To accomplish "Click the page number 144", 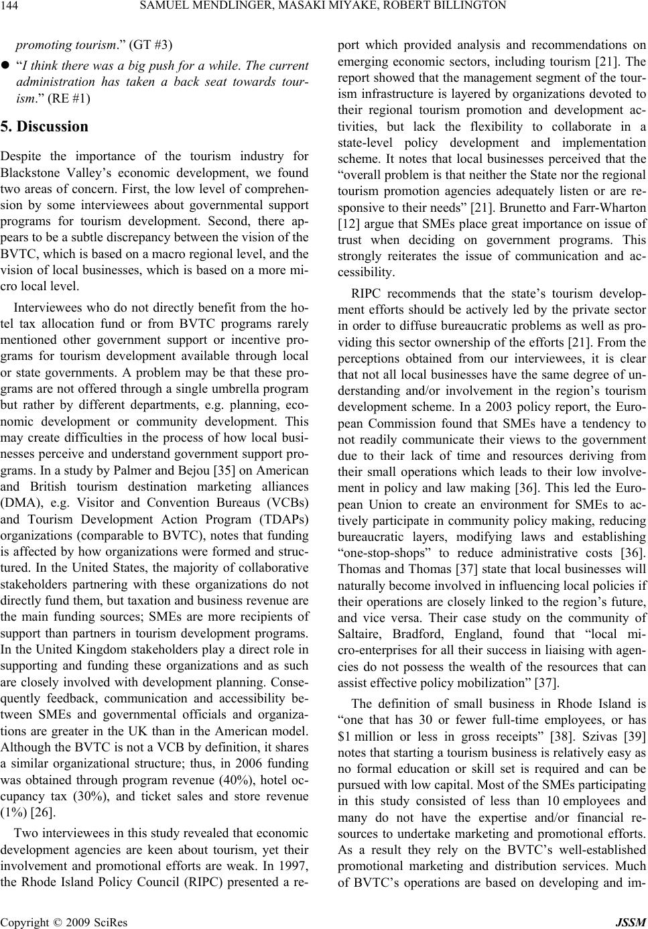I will pyautogui.click(x=12, y=7).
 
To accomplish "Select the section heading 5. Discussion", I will pyautogui.click(x=52, y=127).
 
